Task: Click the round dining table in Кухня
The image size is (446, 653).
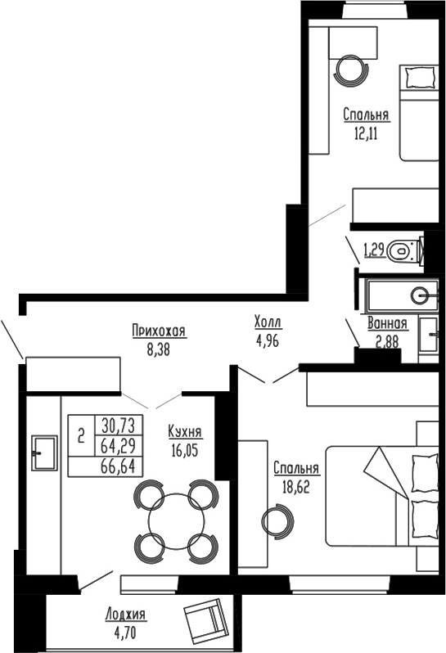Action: tap(175, 521)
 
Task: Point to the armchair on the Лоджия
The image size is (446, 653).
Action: tap(204, 622)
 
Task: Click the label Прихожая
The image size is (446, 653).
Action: tap(159, 331)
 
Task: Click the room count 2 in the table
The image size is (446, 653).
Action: tap(81, 436)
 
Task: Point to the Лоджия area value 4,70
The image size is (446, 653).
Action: tap(125, 631)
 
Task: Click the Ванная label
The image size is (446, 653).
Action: tap(387, 323)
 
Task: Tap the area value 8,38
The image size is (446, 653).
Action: tap(159, 346)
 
